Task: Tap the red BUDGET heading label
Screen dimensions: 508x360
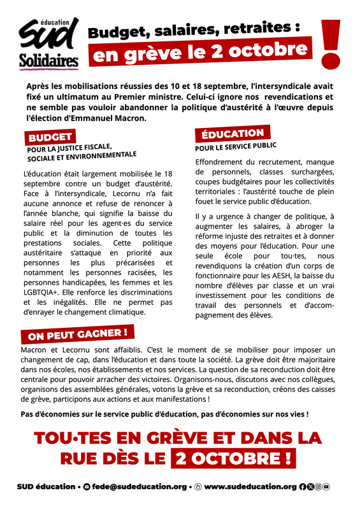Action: [50, 137]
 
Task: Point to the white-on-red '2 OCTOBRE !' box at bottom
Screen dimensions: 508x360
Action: [233, 457]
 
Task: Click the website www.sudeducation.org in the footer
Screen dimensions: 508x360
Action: [250, 487]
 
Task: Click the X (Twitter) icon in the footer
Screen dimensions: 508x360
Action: [310, 487]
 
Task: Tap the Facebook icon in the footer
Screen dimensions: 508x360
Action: [303, 487]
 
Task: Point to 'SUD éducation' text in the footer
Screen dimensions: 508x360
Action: [46, 487]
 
